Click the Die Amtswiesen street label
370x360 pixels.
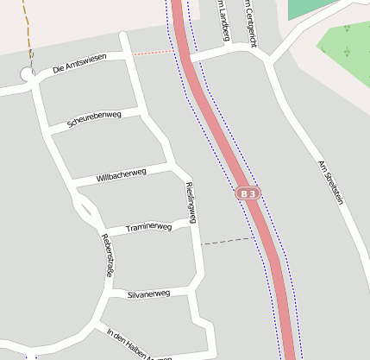[x=79, y=62]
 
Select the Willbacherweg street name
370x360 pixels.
[x=122, y=175]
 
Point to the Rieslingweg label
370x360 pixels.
[x=191, y=203]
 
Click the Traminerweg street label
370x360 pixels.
[x=149, y=228]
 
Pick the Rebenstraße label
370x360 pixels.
[x=107, y=256]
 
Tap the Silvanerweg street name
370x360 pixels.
[x=148, y=294]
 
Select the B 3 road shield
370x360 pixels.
[x=248, y=195]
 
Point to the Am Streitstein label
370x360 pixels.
[x=331, y=182]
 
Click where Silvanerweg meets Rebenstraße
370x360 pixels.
[x=107, y=295]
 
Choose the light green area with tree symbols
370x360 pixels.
[x=348, y=47]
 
